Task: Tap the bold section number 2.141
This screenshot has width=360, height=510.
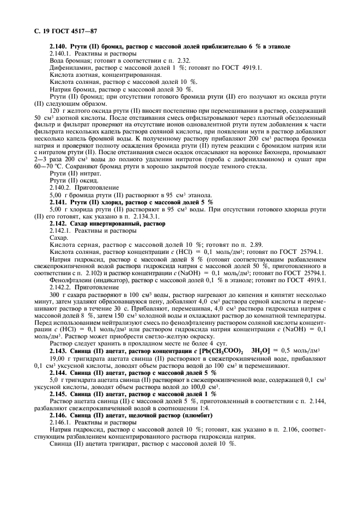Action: tap(58, 202)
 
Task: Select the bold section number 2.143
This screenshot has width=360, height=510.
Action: tap(58, 350)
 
